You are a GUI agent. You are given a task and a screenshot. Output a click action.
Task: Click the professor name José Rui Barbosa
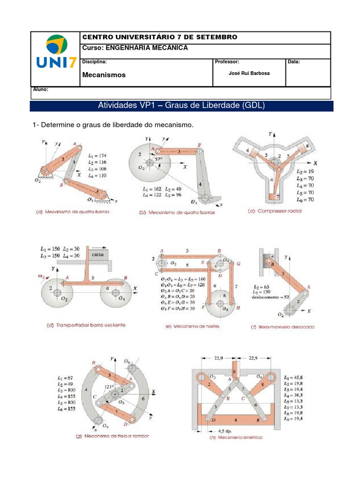coord(249,73)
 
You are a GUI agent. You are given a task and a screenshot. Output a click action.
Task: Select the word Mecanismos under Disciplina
coord(104,75)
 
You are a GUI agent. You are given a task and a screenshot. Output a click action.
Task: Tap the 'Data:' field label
coord(294,62)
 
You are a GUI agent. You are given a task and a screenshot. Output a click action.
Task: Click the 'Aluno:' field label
coord(41,89)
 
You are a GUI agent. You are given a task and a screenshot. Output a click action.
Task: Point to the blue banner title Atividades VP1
coord(181,105)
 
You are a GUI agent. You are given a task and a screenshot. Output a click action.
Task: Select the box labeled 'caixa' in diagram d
coord(97,255)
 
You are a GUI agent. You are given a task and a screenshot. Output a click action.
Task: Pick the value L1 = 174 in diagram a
coord(97,154)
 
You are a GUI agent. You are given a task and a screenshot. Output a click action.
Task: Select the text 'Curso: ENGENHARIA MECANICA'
coord(135,48)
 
